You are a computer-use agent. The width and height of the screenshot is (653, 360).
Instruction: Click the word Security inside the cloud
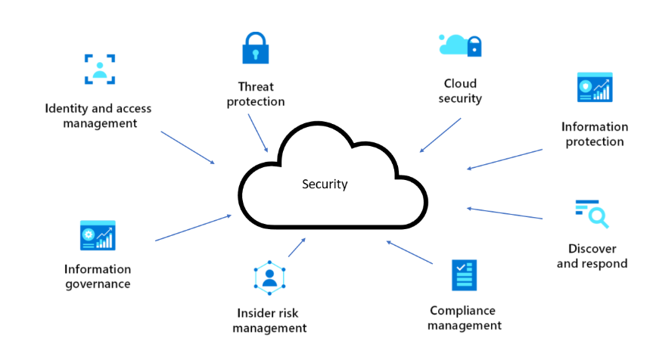coord(325,184)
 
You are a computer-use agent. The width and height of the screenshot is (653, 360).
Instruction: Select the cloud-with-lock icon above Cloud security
coord(460,45)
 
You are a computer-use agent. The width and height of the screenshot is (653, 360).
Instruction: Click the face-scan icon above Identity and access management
coord(99,69)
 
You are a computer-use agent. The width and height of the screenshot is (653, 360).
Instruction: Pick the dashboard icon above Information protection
coord(594,88)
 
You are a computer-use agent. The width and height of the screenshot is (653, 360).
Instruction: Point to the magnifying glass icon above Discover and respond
coord(592,213)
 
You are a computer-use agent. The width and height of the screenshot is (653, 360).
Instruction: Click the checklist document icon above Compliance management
coord(463,275)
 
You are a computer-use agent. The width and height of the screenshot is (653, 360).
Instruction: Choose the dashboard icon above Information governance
coord(98,235)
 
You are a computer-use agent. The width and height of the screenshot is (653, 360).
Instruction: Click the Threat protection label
coord(256,94)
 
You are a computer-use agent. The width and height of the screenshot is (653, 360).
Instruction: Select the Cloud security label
coord(460,91)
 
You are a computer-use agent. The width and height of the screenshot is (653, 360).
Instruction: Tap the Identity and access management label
coord(98,116)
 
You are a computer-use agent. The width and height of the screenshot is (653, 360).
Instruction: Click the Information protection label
coord(594,134)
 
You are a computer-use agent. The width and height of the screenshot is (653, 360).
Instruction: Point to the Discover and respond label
coord(592,256)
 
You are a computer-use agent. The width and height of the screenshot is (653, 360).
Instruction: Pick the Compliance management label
coord(464,318)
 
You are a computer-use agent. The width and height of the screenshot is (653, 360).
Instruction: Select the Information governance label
coord(98,276)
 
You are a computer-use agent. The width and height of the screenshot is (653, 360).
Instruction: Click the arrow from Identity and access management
coord(188,147)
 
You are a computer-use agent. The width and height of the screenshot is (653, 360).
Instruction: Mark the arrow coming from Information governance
coord(193,228)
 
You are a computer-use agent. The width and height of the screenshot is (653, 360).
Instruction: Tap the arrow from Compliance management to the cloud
coord(409,252)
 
